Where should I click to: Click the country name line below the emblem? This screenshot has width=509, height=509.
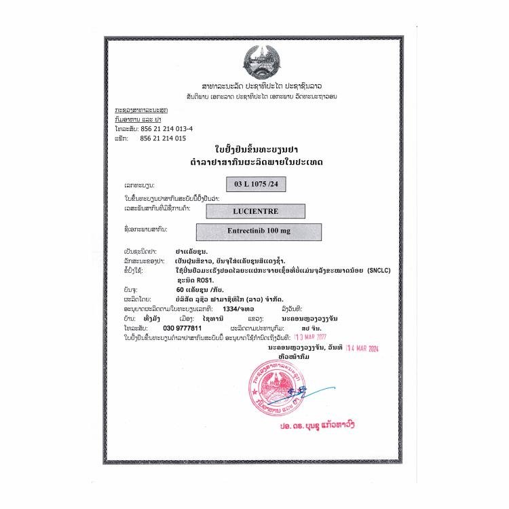pos(262,87)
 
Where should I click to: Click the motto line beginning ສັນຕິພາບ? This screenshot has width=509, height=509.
pos(262,96)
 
